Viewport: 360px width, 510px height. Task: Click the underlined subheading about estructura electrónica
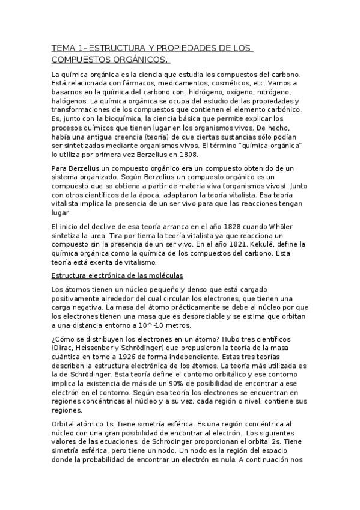click(117, 275)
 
